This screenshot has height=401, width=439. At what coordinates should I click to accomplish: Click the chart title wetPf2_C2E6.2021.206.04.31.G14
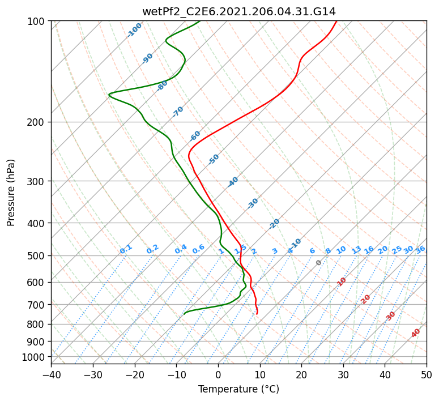pos(238,11)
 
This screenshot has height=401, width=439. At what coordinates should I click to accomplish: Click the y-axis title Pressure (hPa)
pos(11,192)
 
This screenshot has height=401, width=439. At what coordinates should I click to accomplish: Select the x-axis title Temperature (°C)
pos(238,390)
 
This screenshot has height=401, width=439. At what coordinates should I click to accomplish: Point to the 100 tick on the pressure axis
pos(37,22)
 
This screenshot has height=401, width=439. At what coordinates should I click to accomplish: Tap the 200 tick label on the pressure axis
pos(37,122)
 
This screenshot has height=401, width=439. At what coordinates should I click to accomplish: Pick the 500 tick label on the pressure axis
pos(37,255)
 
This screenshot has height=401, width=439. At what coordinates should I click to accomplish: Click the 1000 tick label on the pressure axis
pos(35,357)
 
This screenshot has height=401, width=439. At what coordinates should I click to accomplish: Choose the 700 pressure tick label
pos(37,305)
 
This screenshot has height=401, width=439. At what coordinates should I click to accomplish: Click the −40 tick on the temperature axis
pos(51,374)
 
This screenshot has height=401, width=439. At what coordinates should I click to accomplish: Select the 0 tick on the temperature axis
pos(218,374)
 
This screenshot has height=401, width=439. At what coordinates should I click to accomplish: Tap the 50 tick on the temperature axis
pos(427,374)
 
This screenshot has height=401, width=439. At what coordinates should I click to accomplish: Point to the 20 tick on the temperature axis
pos(301,374)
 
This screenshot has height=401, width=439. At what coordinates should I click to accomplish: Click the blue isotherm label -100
pos(135,29)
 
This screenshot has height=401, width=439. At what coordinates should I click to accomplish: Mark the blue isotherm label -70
pos(178,112)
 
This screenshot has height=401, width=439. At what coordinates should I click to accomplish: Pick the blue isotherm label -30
pos(253,203)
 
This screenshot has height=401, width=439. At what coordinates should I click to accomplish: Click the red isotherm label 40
pos(416,333)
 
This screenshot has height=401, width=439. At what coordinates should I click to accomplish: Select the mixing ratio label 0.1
pos(126,249)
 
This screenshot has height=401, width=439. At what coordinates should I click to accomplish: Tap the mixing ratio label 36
pos(420,249)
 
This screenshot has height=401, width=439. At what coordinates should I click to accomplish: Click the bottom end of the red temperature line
pos(257,314)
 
